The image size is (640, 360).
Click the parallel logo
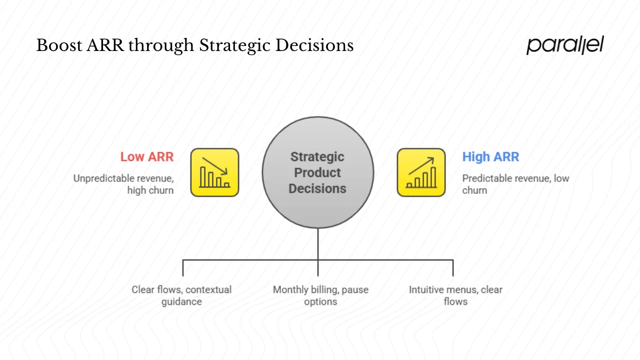(x=565, y=45)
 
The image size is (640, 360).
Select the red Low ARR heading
(x=146, y=156)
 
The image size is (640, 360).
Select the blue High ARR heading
(x=490, y=156)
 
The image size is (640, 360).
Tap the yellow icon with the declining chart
(x=214, y=172)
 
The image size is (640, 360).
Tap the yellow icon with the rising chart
(x=421, y=172)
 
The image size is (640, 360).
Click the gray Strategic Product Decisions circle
(x=318, y=172)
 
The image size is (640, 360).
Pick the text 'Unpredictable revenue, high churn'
(x=123, y=184)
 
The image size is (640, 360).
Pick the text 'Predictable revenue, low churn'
(x=515, y=184)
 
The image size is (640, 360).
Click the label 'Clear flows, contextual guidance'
(x=181, y=295)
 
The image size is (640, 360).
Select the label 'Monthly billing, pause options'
(x=320, y=295)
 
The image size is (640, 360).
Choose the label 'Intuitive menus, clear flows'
(x=455, y=295)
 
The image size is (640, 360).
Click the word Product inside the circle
(x=317, y=172)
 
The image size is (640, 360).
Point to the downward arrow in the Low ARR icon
(x=215, y=166)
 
